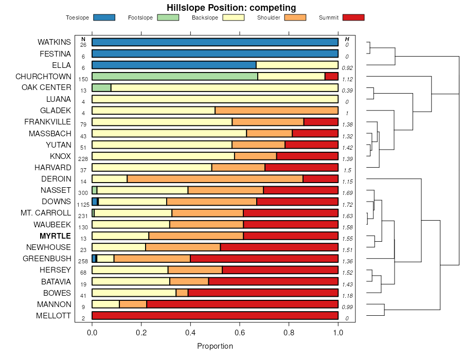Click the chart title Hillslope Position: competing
[x=231, y=8]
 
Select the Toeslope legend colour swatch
[x=104, y=17]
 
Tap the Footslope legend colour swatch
[x=168, y=17]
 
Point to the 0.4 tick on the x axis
[x=190, y=325]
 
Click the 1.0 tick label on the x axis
[x=338, y=333]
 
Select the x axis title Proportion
[x=215, y=346]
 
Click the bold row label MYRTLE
[x=55, y=236]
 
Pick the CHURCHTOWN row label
[x=43, y=77]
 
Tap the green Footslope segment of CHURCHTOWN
[x=175, y=76]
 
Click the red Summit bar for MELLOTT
[x=215, y=316]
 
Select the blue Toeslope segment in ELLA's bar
[x=174, y=65]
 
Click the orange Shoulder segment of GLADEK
[x=276, y=111]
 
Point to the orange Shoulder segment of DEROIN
[x=215, y=179]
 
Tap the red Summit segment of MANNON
[x=242, y=304]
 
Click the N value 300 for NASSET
[x=83, y=193]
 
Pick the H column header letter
[x=347, y=39]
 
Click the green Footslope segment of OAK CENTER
[x=101, y=87]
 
